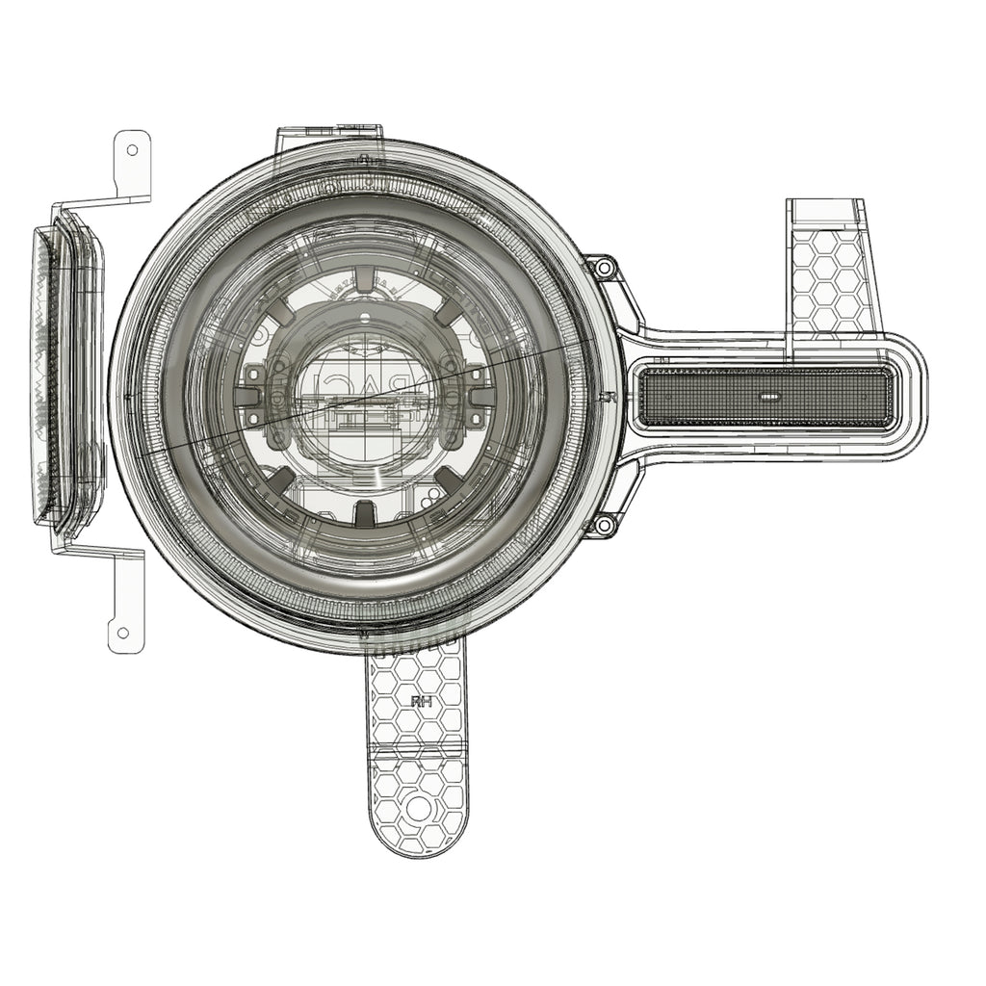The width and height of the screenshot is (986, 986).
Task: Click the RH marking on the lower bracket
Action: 420,702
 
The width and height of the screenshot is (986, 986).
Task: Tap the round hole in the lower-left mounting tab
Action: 123,633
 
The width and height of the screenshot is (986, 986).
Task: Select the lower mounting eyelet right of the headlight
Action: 603,526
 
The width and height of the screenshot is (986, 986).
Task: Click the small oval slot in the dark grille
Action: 768,396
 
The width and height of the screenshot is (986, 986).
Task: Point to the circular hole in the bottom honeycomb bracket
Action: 420,808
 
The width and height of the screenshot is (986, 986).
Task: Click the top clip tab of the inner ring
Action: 367,281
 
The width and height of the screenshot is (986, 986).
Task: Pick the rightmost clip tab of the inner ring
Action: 479,397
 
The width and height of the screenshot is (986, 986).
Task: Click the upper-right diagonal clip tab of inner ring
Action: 449,315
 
